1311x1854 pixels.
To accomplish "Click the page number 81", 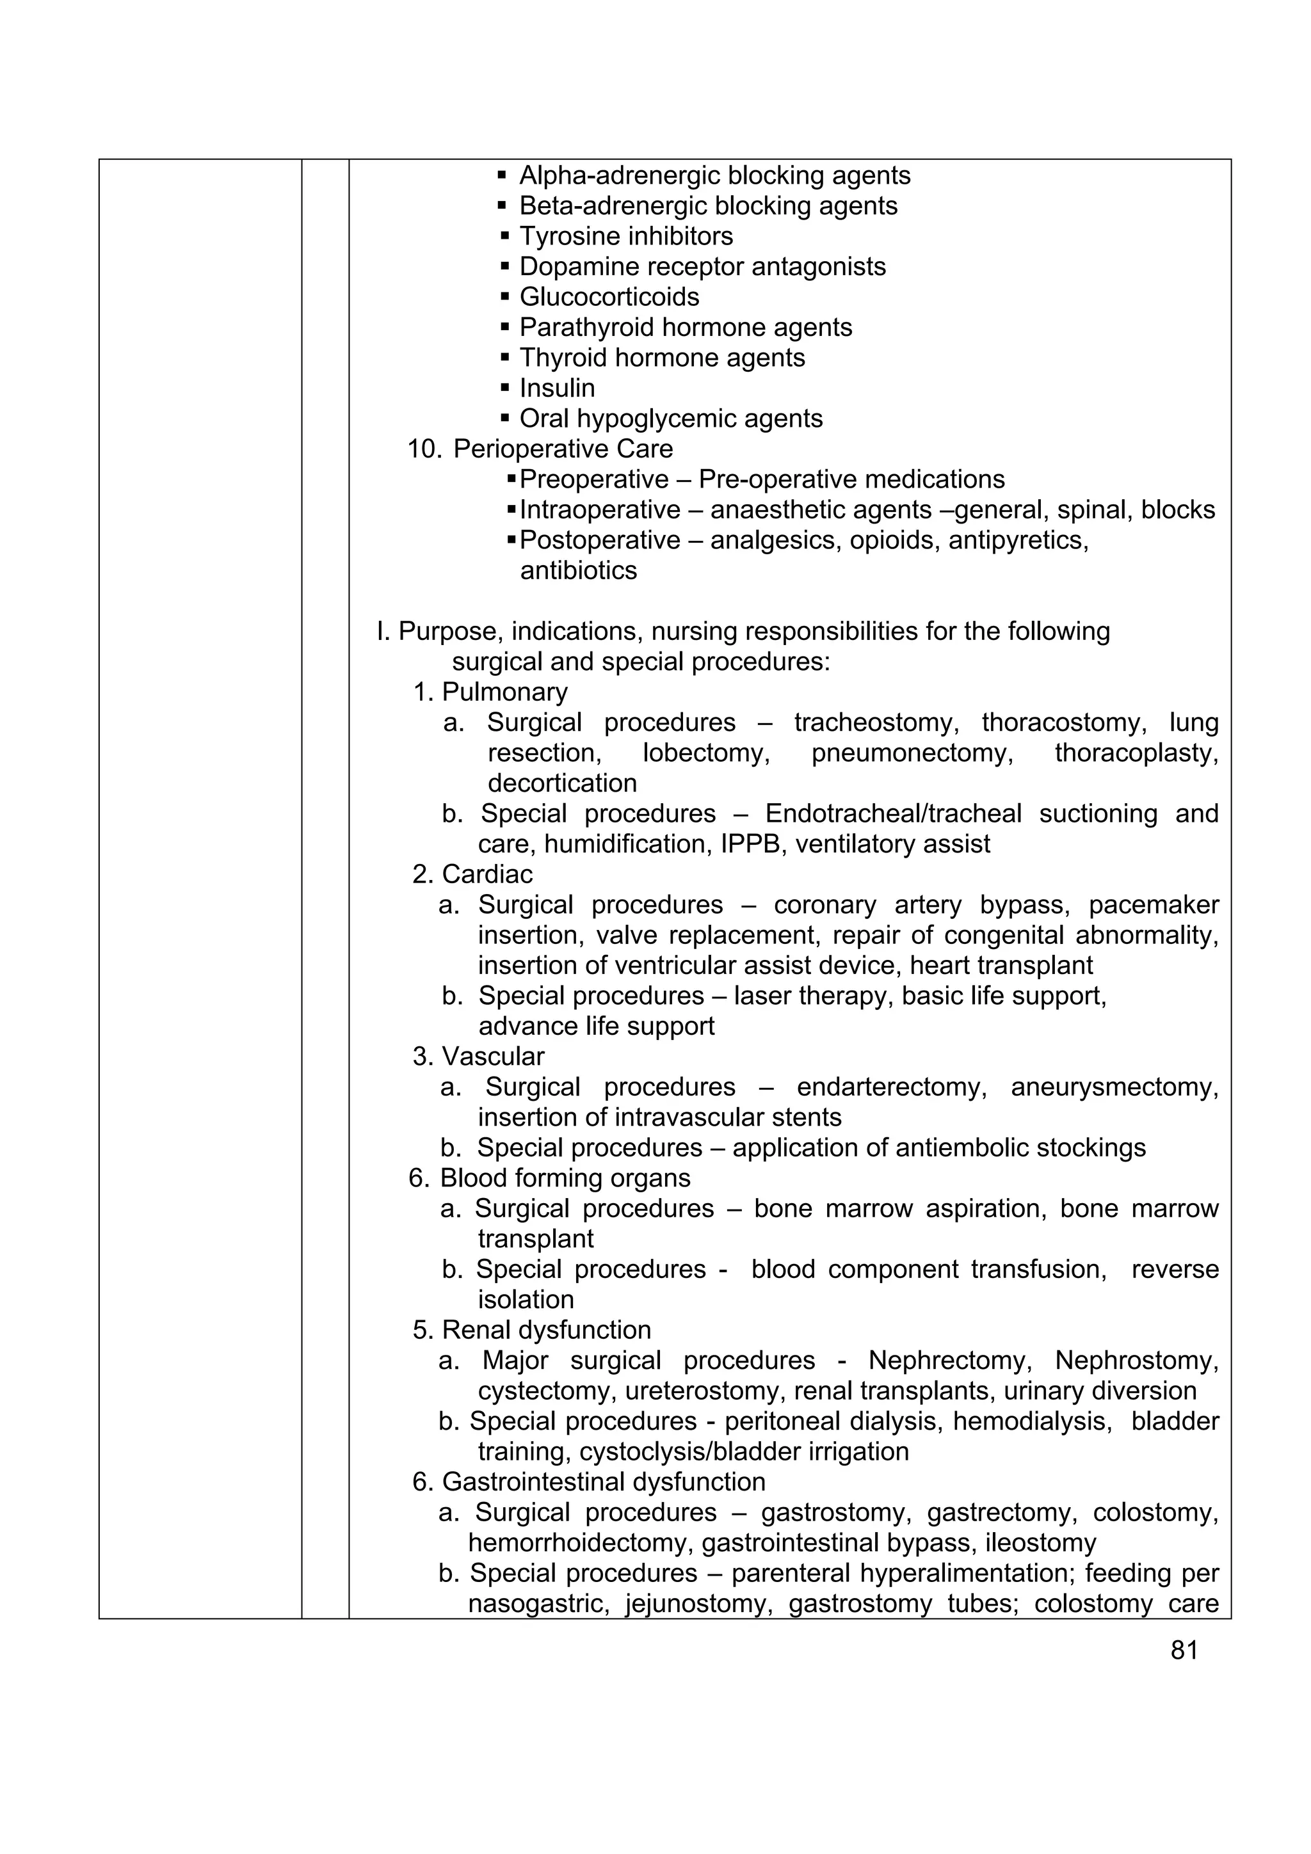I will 1184,1650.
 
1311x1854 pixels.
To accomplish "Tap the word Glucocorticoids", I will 609,297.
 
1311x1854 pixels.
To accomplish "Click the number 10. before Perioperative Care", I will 424,449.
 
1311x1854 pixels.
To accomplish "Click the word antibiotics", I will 578,571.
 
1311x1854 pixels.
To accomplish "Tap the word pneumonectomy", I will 912,753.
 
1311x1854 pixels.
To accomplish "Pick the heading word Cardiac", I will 487,874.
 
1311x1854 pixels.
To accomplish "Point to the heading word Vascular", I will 493,1057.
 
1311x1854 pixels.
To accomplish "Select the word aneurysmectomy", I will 1114,1088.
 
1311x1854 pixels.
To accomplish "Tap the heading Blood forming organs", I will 565,1178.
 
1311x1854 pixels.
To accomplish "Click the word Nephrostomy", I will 1136,1361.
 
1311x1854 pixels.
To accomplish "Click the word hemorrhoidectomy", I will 581,1543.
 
